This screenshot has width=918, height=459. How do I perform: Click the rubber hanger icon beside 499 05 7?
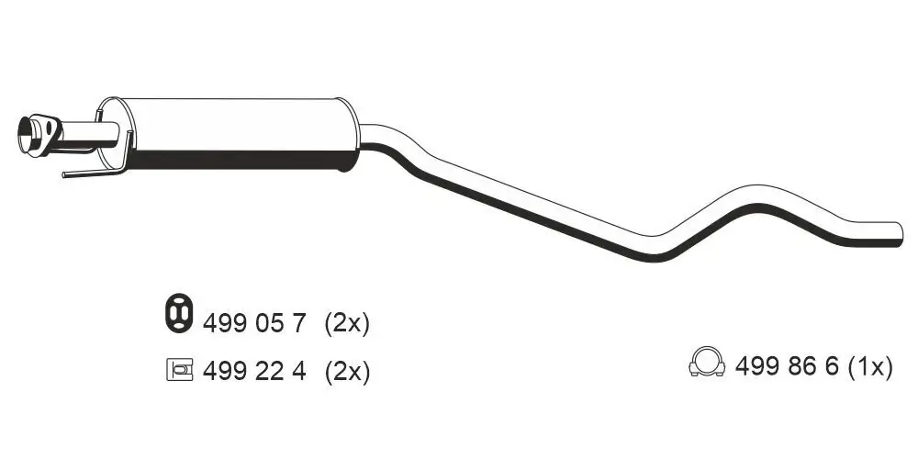tap(176, 314)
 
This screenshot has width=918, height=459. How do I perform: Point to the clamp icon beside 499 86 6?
tap(707, 364)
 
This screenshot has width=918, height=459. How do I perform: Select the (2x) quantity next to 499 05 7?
tap(346, 322)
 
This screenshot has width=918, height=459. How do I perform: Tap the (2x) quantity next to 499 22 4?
tap(346, 371)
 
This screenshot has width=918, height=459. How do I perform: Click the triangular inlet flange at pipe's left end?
tap(36, 134)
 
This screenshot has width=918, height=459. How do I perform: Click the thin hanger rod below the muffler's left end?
tap(87, 172)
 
